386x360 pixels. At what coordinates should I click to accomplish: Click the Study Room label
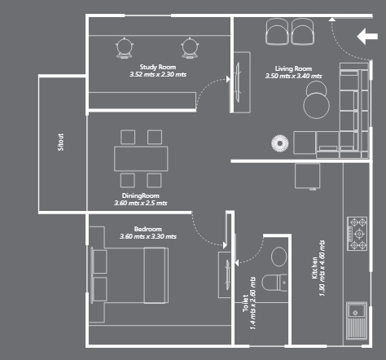point(157,67)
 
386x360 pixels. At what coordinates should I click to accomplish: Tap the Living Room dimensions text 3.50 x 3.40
point(293,76)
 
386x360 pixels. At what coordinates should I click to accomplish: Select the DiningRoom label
point(140,195)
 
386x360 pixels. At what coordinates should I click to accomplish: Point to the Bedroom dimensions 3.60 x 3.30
point(147,236)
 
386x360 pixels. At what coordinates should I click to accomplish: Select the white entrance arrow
point(367,36)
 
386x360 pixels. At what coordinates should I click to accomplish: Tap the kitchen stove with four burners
point(358,233)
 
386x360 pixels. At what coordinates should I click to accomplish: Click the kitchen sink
point(357,320)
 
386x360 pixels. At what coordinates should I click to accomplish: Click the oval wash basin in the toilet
point(279,257)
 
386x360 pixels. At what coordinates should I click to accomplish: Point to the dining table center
point(141,157)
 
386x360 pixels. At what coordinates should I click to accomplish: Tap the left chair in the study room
point(125,47)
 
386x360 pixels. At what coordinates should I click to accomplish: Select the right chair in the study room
point(190,47)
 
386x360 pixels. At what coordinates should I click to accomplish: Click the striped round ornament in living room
point(279,143)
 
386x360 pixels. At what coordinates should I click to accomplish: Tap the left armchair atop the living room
point(277,33)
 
